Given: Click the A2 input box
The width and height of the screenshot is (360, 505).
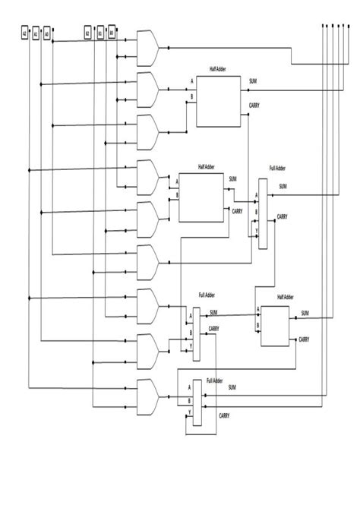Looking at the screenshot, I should click(x=24, y=34).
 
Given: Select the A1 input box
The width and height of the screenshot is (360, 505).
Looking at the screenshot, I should click(x=36, y=34).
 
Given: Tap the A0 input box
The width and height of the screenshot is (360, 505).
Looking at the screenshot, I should click(x=47, y=34).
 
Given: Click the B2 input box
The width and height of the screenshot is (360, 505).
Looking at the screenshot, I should click(x=88, y=34).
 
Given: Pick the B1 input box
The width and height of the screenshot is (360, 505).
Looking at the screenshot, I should click(x=100, y=34).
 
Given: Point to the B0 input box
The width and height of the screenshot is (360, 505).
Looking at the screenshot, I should click(x=112, y=34).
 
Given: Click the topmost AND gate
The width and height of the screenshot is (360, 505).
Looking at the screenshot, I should click(x=147, y=48).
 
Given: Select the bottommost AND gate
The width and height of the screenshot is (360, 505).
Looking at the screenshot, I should click(x=147, y=396).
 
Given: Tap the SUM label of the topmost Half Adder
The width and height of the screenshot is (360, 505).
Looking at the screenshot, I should click(x=253, y=80).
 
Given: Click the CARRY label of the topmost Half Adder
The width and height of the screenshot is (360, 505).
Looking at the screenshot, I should click(x=254, y=106).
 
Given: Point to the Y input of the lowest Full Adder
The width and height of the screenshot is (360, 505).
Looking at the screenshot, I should click(x=189, y=413).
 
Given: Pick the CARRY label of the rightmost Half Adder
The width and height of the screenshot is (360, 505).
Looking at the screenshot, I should click(x=304, y=339).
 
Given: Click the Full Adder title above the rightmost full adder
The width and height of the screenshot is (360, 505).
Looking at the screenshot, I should click(x=277, y=168).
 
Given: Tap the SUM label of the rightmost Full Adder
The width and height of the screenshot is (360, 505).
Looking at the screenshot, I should click(x=283, y=186).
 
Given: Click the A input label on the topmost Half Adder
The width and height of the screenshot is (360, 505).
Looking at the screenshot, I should click(x=192, y=80).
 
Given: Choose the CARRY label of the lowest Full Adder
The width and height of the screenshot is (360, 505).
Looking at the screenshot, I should click(x=225, y=415).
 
